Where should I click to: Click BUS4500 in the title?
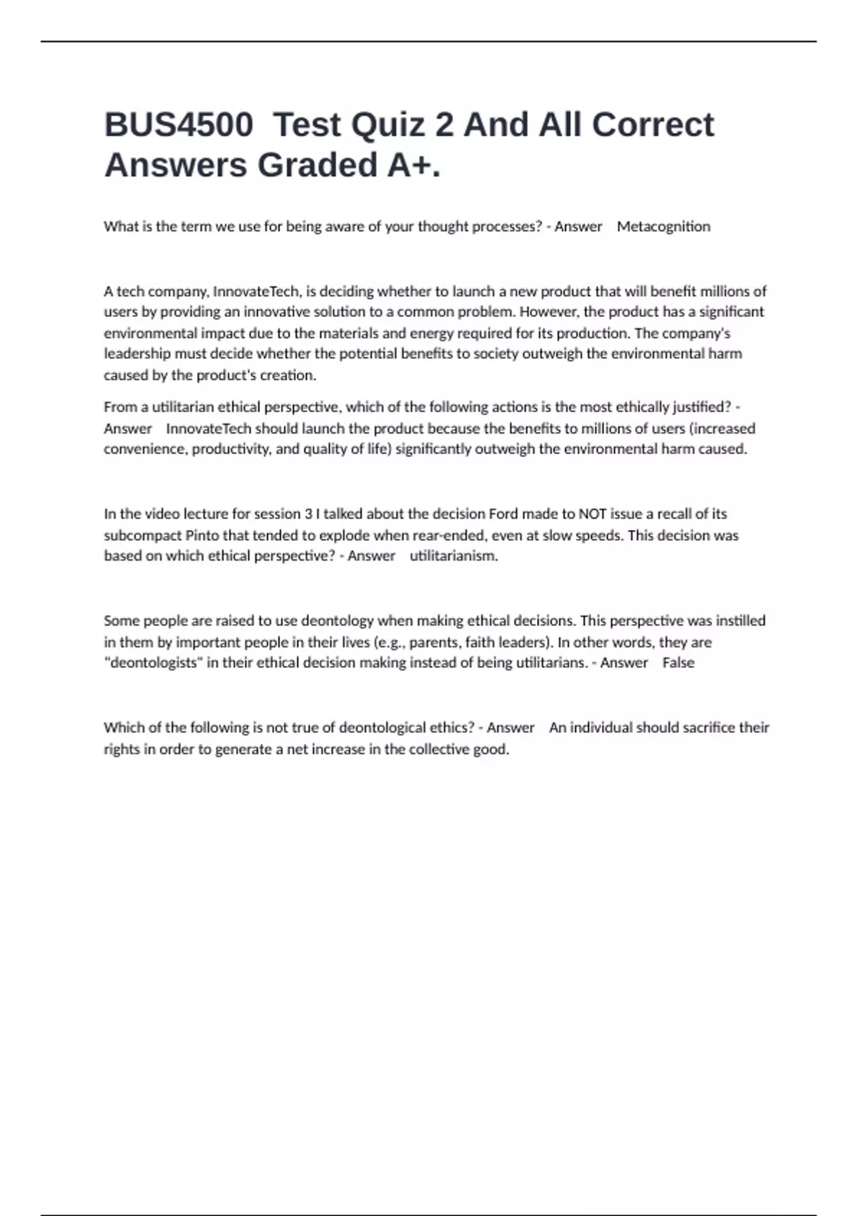click(178, 125)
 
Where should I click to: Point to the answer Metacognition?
click(664, 227)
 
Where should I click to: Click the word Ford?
click(503, 514)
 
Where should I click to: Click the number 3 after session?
click(308, 514)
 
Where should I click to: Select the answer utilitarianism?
click(453, 556)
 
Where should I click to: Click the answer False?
click(678, 663)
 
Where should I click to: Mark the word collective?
click(439, 750)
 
